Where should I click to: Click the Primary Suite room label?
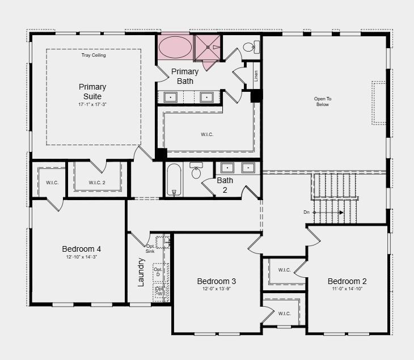point(92,92)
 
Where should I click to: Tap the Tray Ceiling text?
point(94,56)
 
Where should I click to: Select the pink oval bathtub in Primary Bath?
point(175,47)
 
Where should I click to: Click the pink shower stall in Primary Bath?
point(208,48)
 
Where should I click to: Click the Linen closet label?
point(256,76)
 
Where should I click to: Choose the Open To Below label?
point(323,101)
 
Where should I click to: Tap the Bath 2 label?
point(225,185)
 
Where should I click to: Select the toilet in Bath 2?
point(196,171)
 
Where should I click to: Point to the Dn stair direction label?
point(307,213)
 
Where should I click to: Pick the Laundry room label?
point(141,272)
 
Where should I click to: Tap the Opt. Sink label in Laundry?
point(151,248)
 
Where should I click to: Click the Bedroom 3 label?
point(217,281)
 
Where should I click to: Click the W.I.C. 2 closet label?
point(97,183)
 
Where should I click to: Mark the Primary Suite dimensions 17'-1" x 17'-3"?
point(92,105)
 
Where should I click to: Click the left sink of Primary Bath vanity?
point(171,98)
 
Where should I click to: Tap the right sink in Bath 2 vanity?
point(248,168)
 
